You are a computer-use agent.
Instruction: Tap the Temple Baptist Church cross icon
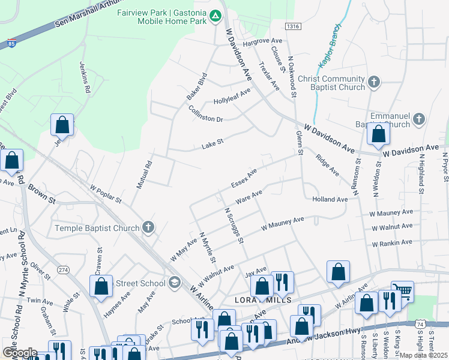coord(148,227)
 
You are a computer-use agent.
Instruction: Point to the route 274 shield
coord(63,270)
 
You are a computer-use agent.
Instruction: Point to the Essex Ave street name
coord(244,178)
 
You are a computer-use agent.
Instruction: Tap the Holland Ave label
coord(330,199)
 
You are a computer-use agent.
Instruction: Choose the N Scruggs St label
coord(234,226)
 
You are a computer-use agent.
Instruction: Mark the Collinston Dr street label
coord(205,114)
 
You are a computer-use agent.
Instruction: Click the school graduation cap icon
coord(174,282)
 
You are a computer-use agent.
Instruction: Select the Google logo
coord(20,352)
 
